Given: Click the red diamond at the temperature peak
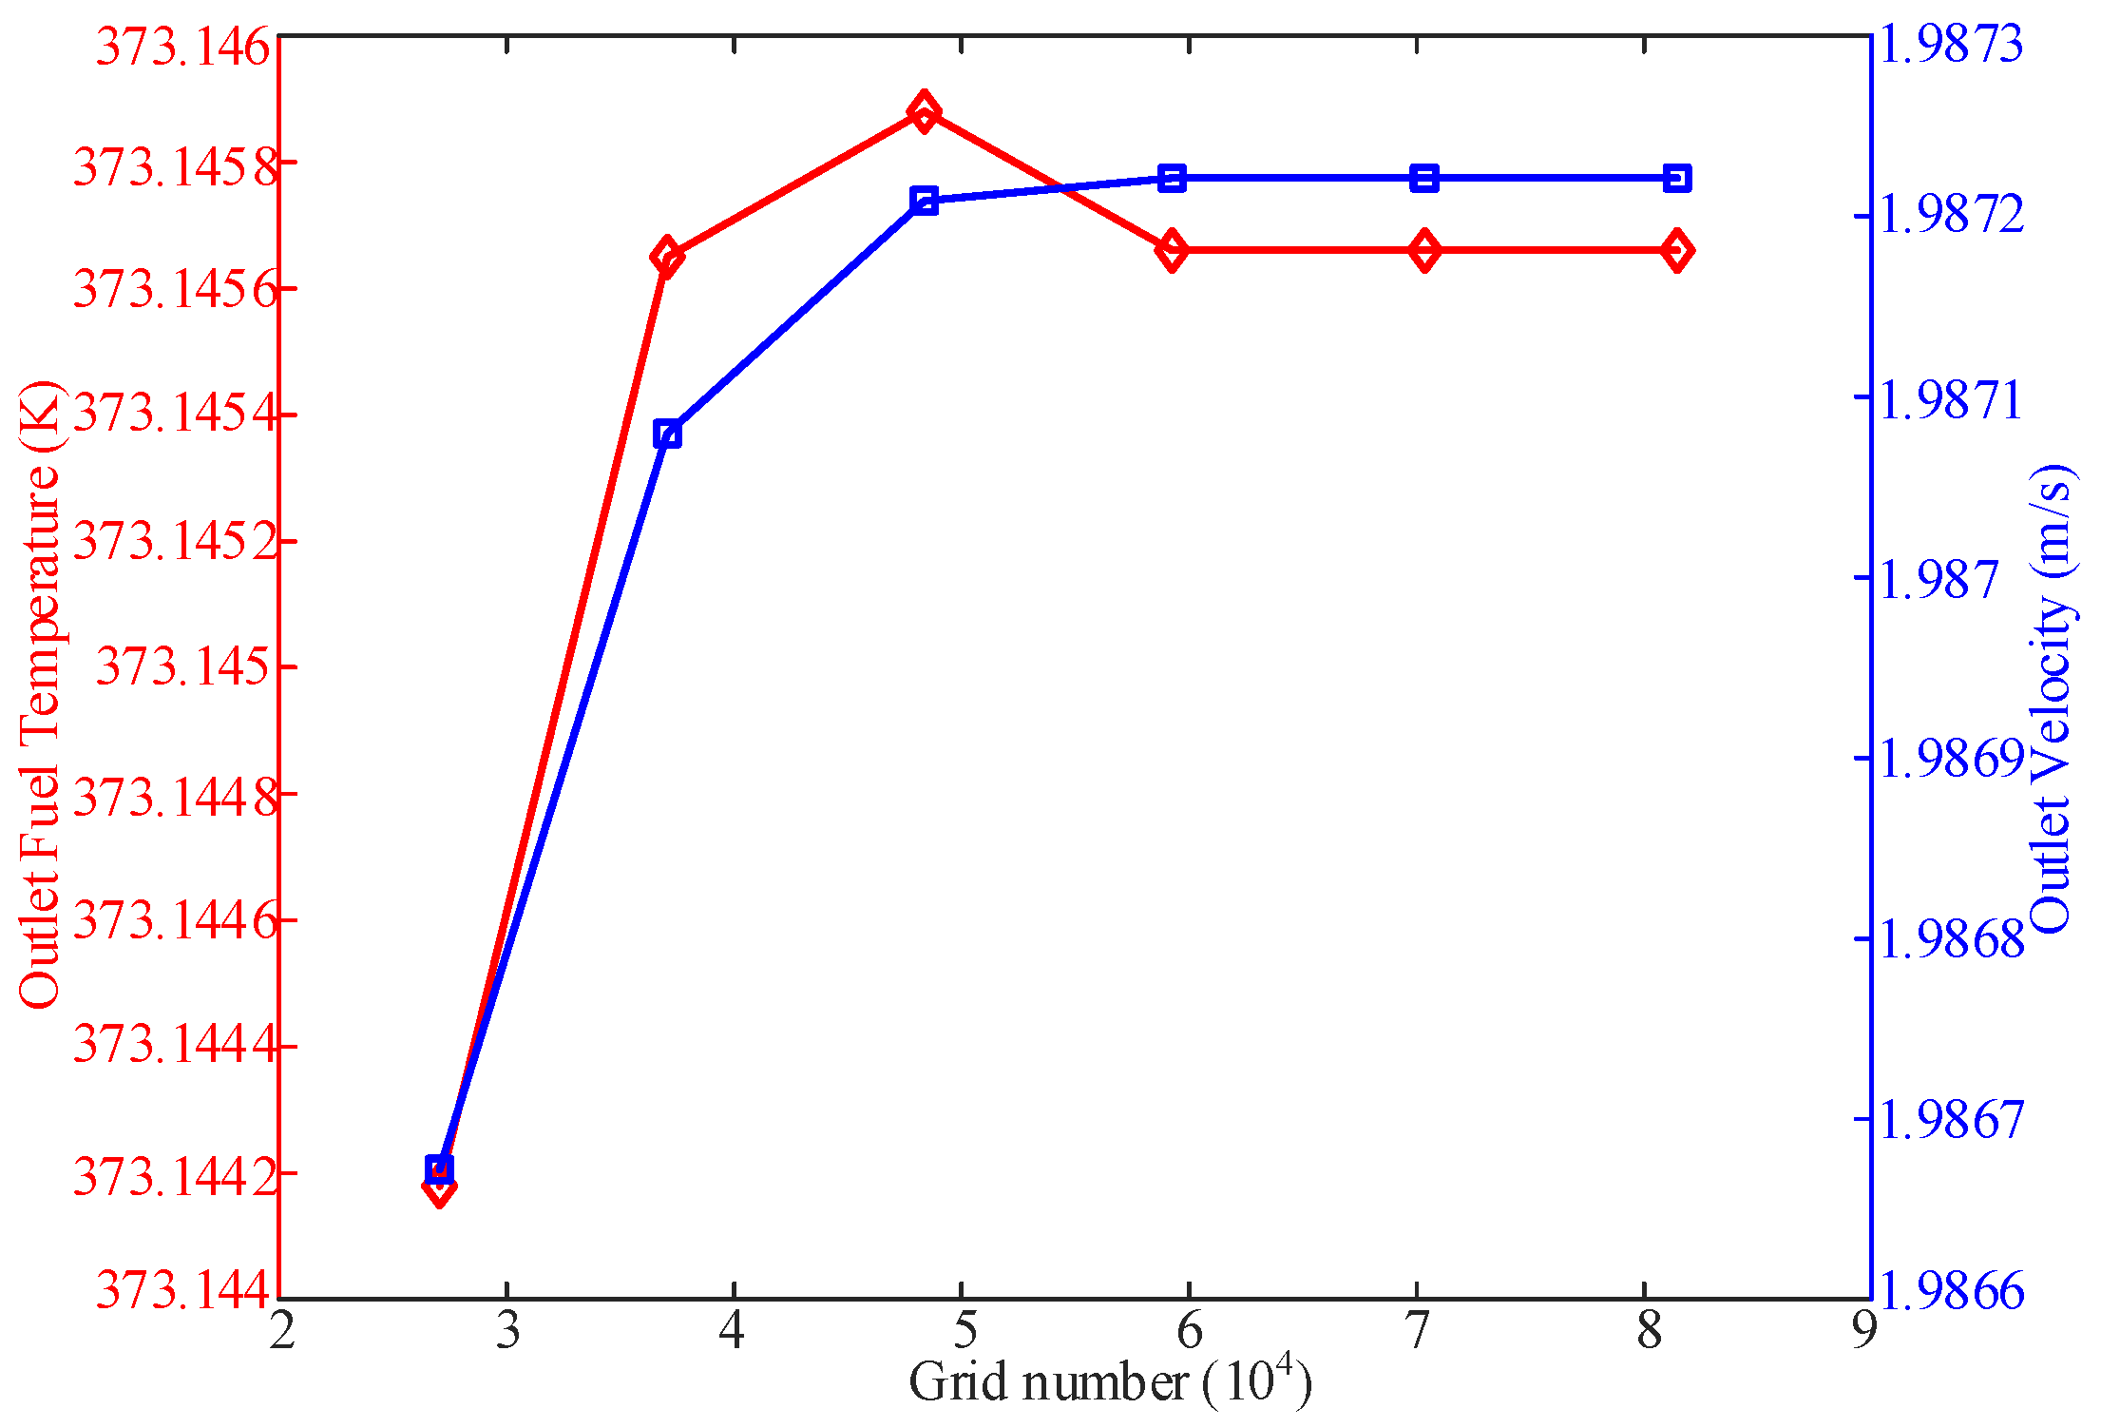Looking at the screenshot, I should [923, 112].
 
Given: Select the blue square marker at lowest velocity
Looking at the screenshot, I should [439, 1168].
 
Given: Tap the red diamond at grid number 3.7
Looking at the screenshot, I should [667, 257].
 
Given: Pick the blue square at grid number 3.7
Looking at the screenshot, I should [667, 434].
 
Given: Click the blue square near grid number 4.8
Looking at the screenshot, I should [923, 201].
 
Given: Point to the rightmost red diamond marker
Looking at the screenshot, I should [1677, 250].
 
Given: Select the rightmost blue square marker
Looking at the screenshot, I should [1677, 178].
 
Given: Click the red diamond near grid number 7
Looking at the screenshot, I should [1423, 250].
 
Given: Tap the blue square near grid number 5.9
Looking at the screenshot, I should [1172, 178].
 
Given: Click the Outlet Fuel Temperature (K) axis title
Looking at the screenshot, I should [40, 694].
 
